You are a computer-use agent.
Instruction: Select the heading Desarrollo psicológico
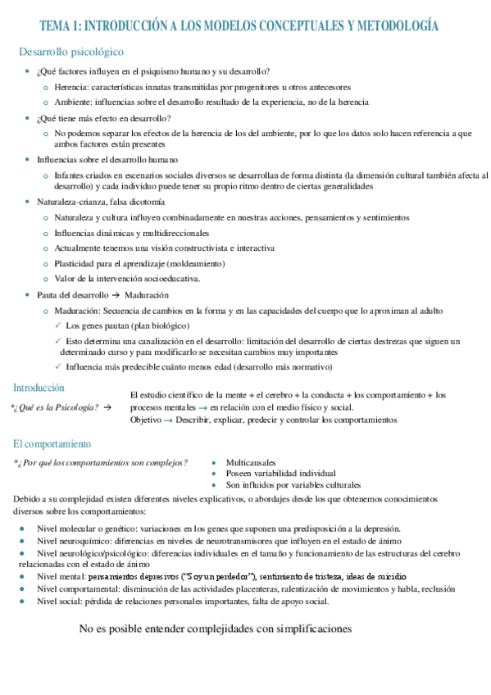tap(71, 52)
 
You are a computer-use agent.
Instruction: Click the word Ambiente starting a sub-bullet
tap(73, 102)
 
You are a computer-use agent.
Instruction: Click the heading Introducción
tap(39, 387)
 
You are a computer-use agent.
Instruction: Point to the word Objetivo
tap(147, 420)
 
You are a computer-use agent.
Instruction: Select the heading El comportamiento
tap(51, 444)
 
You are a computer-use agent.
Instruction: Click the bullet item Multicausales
tap(251, 462)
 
